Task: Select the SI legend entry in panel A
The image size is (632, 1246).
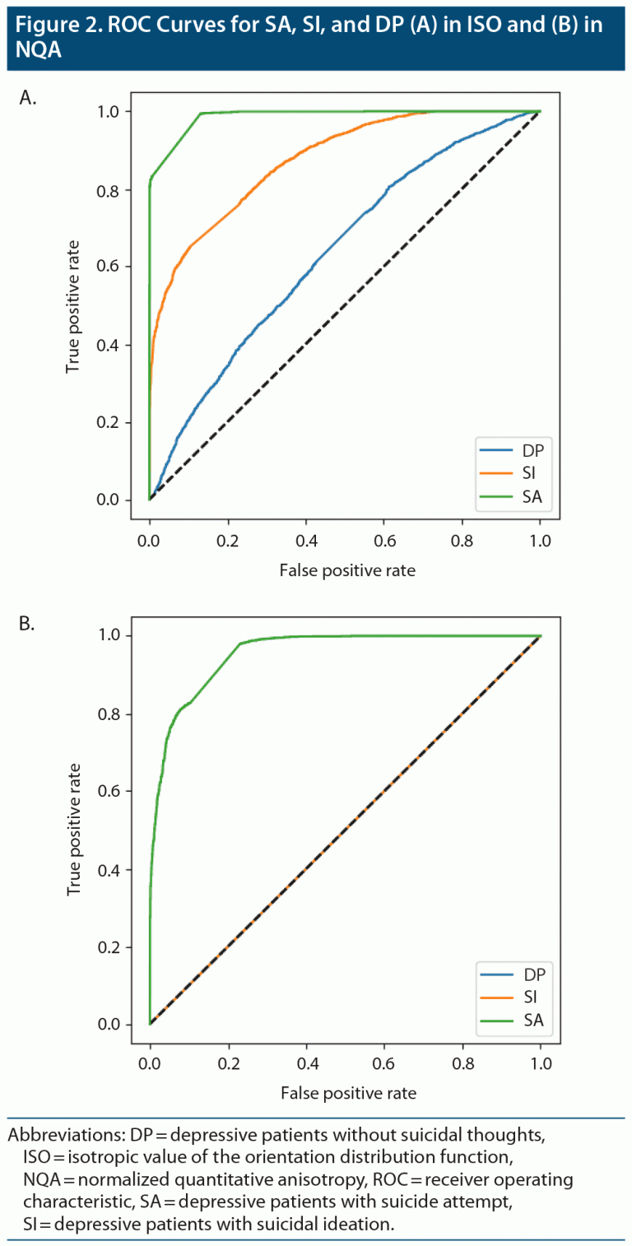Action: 512,472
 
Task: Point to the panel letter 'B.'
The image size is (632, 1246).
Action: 27,623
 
